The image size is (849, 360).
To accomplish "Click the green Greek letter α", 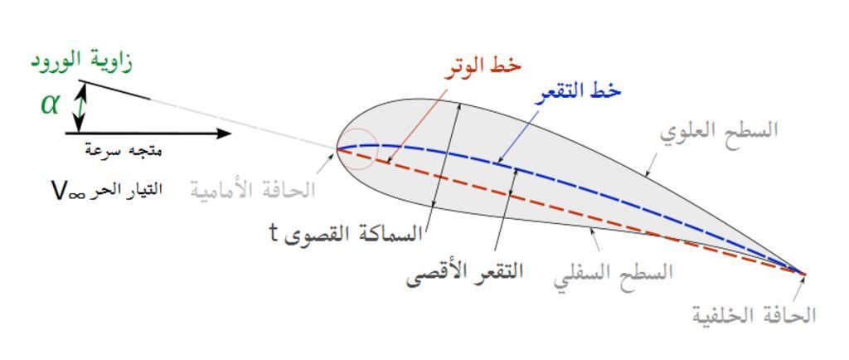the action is pos(50,104).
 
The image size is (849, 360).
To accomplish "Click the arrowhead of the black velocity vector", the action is pos(224,134).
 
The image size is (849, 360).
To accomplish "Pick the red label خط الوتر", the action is pos(483,66).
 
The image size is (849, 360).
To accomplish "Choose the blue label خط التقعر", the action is pos(578,93).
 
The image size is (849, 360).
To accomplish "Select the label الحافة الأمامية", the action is pos(252,190).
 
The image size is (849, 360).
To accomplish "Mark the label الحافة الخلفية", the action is pos(754,315).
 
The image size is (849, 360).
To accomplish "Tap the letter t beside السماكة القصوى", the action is pos(274,235).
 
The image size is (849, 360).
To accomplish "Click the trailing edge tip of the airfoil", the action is pos(805,275).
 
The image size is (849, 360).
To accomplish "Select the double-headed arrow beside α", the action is pos(80,107).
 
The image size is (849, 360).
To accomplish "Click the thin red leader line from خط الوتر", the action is pos(418,125).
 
